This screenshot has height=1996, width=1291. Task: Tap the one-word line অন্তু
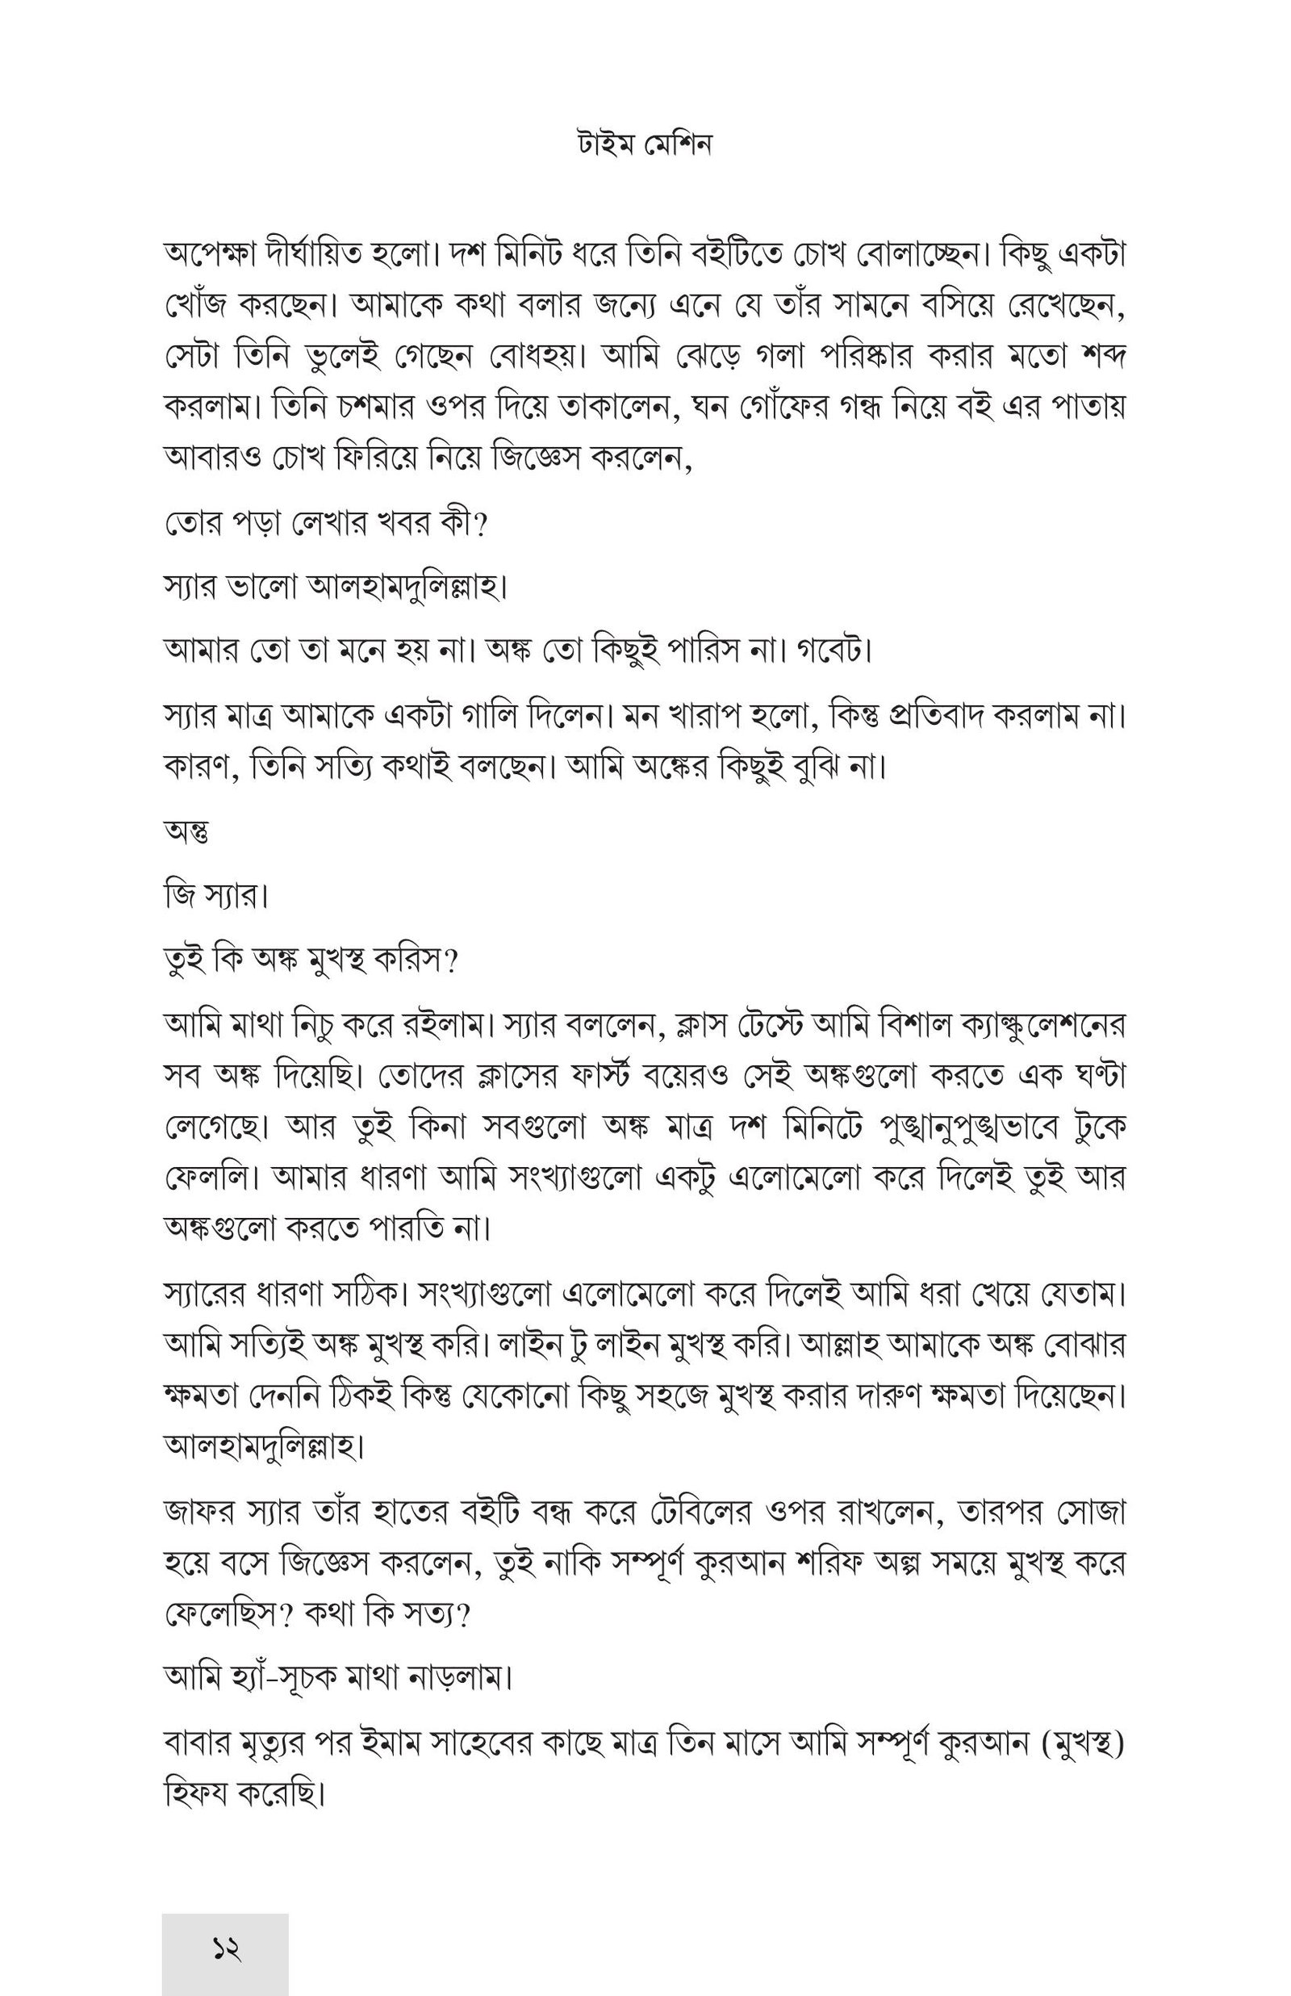pyautogui.click(x=187, y=831)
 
